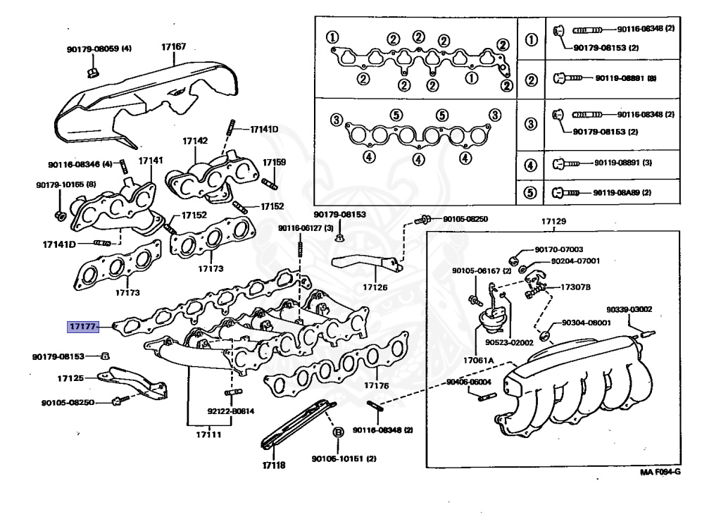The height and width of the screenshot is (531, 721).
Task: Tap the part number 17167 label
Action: (x=173, y=46)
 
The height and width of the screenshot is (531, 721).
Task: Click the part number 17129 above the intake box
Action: (x=553, y=222)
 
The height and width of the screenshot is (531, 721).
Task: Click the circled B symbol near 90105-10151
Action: (x=337, y=432)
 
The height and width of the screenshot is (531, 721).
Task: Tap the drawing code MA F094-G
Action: (x=660, y=473)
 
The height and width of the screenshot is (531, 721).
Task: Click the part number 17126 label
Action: (x=375, y=287)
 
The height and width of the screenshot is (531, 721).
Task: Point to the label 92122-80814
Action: (x=230, y=411)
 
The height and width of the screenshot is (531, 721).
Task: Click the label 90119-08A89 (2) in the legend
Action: (x=622, y=192)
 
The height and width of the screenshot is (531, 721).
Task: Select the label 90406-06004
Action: (x=468, y=382)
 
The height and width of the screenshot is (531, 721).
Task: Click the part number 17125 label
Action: (x=70, y=378)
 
